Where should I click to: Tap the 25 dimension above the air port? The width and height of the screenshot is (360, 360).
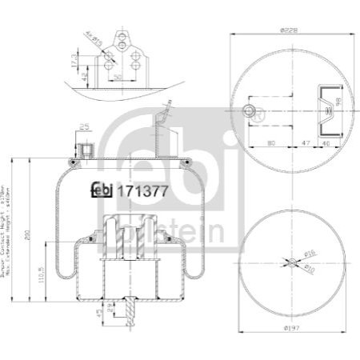click(x=84, y=126)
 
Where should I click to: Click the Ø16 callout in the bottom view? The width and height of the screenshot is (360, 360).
click(x=312, y=254)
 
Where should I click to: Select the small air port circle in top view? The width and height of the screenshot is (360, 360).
click(x=250, y=110)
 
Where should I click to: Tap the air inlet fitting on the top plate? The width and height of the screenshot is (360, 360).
click(x=84, y=150)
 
